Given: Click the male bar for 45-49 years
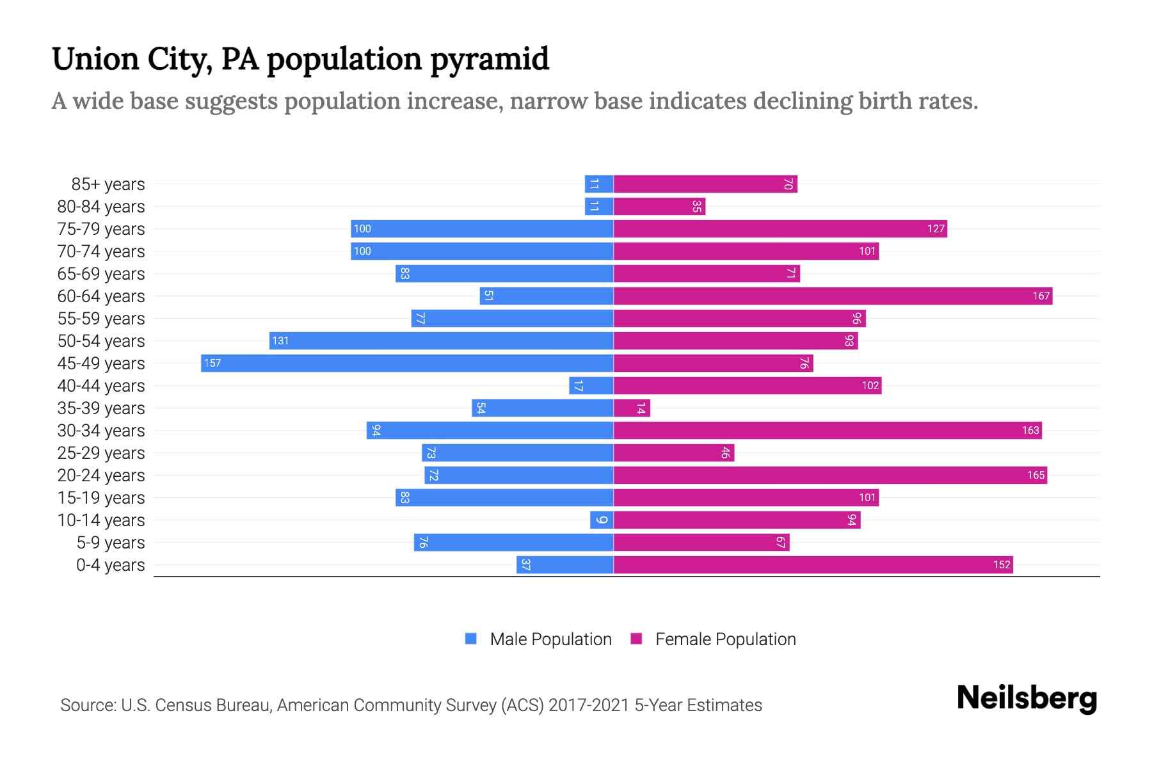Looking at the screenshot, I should click(x=407, y=364).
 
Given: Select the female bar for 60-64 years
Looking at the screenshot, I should click(x=833, y=296).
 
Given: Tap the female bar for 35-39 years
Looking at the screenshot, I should click(x=632, y=408).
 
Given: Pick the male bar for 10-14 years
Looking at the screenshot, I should click(x=602, y=520).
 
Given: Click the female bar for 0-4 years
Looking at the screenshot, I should click(x=813, y=565).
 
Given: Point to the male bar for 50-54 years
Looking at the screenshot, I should click(x=442, y=341).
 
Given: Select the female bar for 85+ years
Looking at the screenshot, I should click(x=705, y=184).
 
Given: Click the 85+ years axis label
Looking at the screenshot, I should click(x=108, y=184).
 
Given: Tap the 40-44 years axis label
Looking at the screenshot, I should click(x=101, y=386).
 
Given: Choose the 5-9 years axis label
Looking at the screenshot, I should click(x=111, y=543).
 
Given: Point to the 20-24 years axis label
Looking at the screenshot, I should click(x=101, y=476).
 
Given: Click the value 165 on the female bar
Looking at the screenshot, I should click(x=1036, y=476).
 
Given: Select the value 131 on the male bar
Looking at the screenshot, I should click(x=280, y=341).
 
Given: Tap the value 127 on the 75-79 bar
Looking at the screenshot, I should click(x=936, y=229).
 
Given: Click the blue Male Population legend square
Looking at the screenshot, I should click(x=471, y=639).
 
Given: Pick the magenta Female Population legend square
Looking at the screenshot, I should click(x=636, y=639).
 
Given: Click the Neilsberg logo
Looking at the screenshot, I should click(x=1027, y=698).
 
